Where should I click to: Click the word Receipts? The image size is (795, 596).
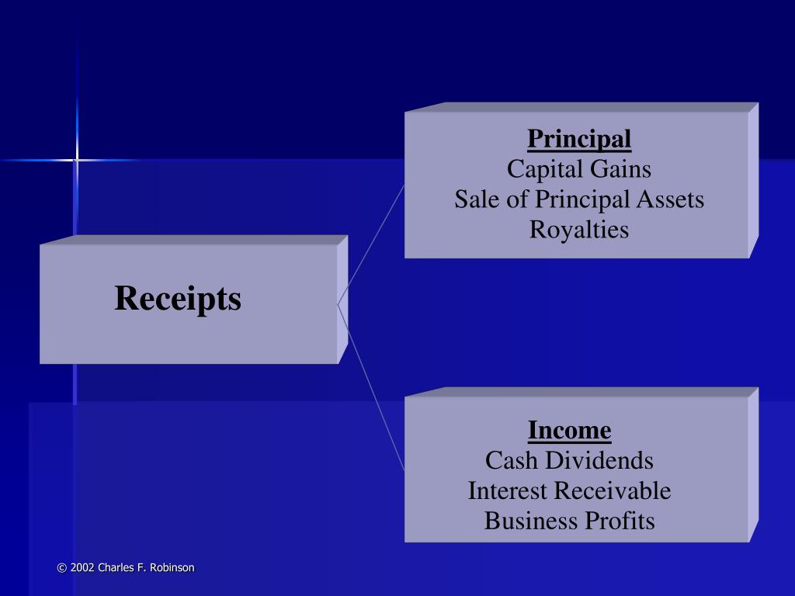178,299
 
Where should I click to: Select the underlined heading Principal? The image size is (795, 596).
579,140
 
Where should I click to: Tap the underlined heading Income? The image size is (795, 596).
569,429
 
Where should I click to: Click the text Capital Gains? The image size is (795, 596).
578,169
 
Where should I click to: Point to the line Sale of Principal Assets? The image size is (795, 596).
579,199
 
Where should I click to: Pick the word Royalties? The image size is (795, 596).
579,230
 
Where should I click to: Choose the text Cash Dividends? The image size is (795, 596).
569,460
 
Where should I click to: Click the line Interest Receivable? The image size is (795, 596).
569,490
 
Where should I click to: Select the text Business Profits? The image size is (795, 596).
569,521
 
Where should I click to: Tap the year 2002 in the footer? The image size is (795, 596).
82,568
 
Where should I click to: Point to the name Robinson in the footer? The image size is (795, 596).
172,568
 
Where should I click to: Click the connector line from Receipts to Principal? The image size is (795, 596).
371,244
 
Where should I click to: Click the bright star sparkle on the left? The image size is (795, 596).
76,160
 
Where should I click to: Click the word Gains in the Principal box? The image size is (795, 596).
622,169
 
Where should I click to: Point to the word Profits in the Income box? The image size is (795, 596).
620,521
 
